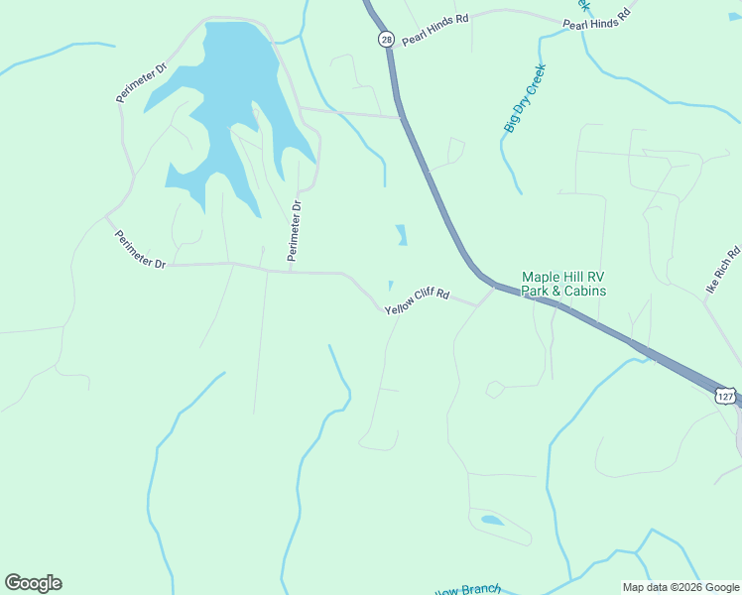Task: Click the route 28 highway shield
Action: [385, 38]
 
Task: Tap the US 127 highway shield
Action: [725, 396]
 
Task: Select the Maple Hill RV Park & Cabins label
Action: [563, 285]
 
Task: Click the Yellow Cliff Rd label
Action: [418, 302]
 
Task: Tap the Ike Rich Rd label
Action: [723, 270]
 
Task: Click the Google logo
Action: [33, 582]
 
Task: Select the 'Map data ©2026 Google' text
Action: [680, 587]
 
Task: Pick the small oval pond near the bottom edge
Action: [491, 520]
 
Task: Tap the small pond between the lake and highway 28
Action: [401, 235]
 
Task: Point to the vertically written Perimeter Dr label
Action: [295, 232]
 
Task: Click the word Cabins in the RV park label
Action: [585, 292]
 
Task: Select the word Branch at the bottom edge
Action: [481, 590]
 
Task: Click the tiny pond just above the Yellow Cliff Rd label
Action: [390, 286]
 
